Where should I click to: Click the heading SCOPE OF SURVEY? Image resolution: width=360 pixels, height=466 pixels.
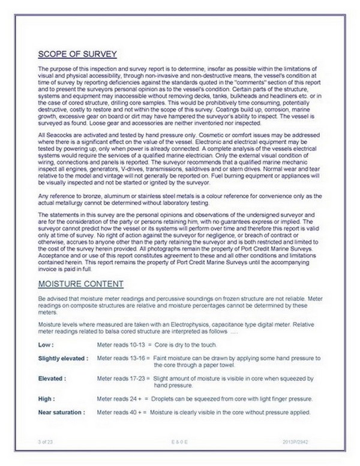coord(76,52)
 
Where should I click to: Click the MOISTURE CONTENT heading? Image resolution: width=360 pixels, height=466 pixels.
coord(80,283)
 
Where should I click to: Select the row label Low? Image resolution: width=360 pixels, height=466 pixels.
coord(46,345)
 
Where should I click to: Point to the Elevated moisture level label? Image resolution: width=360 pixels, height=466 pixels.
coord(52,380)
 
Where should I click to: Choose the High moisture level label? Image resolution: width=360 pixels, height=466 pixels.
coord(46,399)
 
